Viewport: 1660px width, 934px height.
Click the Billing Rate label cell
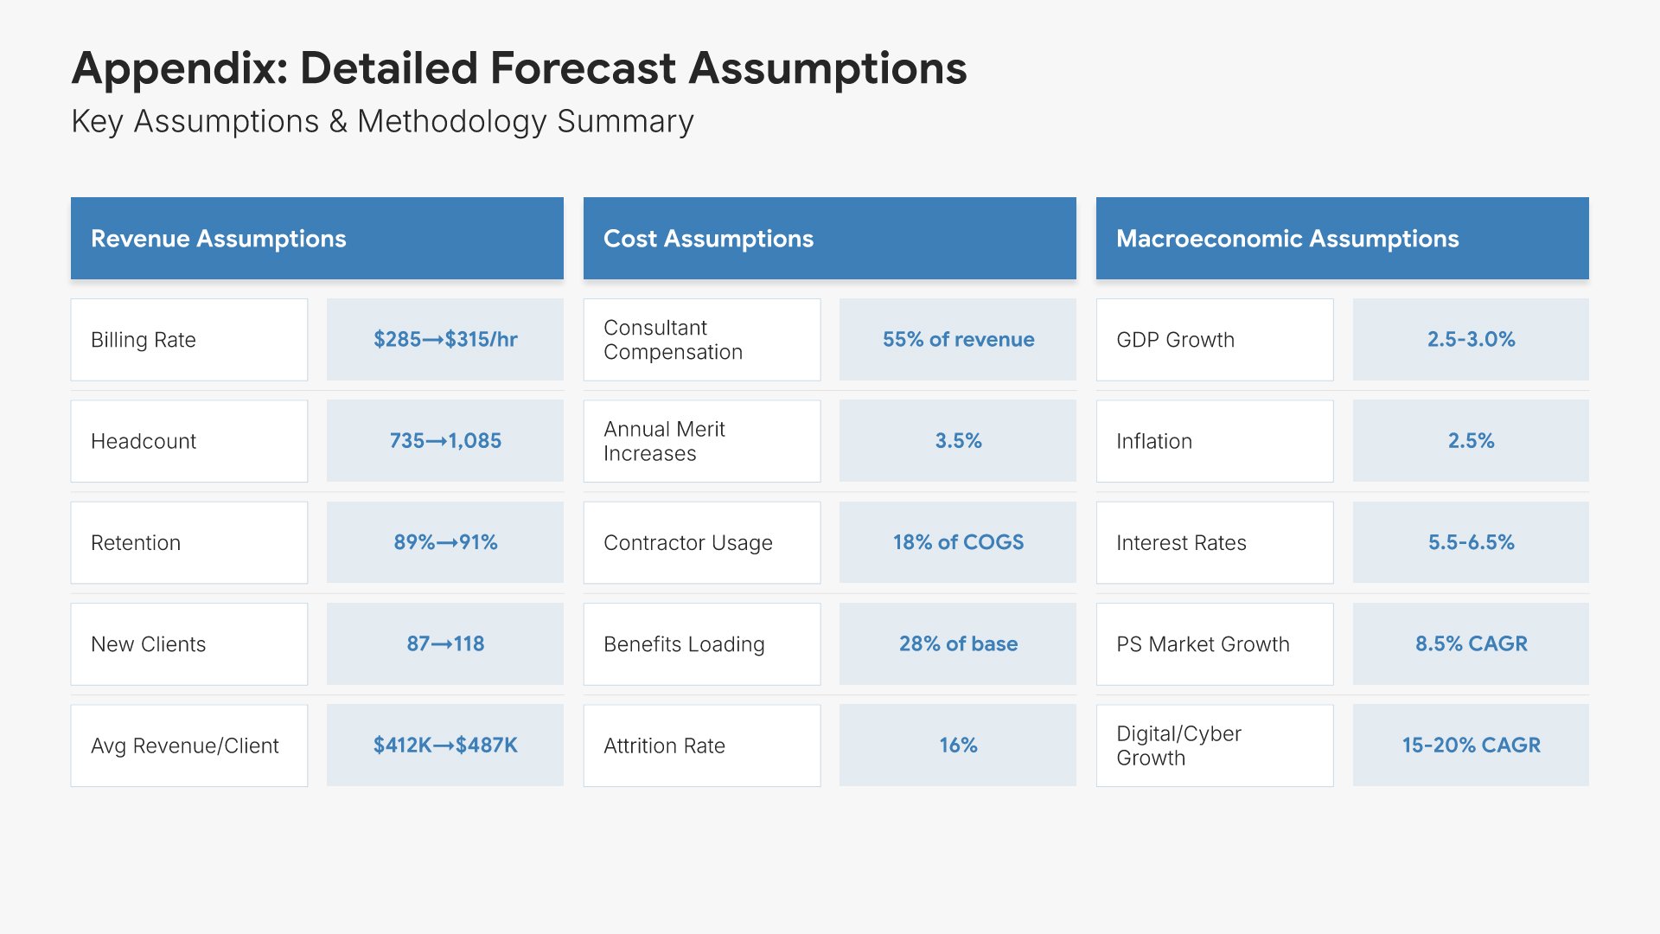point(188,340)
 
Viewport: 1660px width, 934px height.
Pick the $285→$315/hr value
point(444,340)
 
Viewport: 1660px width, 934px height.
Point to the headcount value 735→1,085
point(444,441)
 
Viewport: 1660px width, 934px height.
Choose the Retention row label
point(188,543)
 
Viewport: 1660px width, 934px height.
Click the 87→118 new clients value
point(444,644)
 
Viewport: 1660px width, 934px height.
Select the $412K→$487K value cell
point(444,745)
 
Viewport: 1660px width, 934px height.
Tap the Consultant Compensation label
point(701,340)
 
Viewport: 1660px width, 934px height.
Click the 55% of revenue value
point(957,340)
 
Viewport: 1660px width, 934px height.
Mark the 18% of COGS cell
point(957,543)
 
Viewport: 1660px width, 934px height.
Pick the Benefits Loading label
point(701,644)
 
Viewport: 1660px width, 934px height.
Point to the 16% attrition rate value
point(957,745)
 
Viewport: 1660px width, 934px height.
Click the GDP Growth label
point(1214,340)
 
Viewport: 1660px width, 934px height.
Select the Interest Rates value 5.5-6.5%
point(1471,543)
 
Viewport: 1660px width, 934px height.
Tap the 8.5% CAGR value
point(1471,644)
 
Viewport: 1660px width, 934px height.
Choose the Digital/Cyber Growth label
point(1214,745)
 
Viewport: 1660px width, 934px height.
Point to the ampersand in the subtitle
point(338,122)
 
